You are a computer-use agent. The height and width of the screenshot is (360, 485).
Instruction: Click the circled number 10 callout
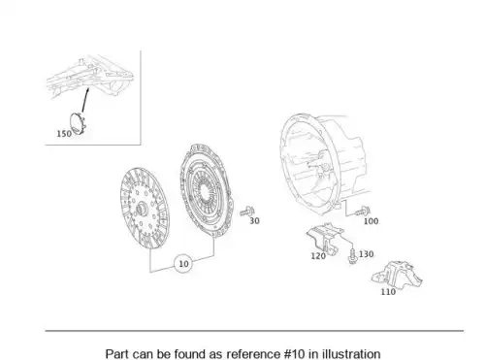pos(183,264)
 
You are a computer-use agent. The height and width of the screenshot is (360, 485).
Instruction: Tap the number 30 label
pos(254,220)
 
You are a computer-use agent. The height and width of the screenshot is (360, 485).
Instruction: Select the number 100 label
pos(371,221)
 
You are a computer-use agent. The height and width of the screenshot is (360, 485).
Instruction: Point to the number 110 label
pos(388,292)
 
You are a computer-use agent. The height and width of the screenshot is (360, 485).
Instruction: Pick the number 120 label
pos(318,256)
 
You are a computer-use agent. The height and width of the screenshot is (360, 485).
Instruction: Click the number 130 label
pos(367,254)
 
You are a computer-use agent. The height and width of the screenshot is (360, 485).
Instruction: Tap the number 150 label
pos(64,134)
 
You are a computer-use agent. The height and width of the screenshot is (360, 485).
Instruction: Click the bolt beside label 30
pos(247,212)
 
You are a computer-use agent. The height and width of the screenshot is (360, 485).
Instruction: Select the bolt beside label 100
pos(363,212)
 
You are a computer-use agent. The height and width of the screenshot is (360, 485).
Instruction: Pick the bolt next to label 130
pos(352,256)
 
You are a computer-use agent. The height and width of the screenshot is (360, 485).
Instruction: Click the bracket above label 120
pos(324,237)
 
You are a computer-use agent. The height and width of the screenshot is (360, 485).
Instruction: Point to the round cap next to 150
pos(78,123)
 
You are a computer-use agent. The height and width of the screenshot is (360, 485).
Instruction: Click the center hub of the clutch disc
pos(141,209)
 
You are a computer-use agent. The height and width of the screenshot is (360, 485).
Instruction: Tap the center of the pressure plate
pos(204,192)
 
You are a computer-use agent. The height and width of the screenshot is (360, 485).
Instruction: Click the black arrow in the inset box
pos(85,100)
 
